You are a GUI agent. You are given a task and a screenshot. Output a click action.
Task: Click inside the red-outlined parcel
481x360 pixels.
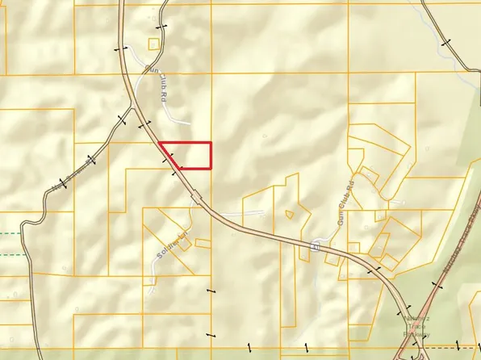pos(192,154)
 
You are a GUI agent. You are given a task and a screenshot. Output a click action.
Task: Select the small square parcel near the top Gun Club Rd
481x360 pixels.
pos(154,44)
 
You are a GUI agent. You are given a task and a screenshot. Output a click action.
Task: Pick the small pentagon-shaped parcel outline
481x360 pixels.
pos(290,215)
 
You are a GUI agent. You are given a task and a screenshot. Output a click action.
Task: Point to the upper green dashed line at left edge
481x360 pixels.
pos(10,234)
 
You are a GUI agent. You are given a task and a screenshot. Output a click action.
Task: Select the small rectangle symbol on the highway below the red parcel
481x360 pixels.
pos(194,195)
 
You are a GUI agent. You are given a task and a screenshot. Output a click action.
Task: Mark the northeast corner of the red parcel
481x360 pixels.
pos(211,142)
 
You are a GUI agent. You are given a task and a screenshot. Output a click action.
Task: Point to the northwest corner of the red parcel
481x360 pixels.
pos(160,143)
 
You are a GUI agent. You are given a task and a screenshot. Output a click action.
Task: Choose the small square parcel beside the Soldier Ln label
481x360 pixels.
pos(202,242)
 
